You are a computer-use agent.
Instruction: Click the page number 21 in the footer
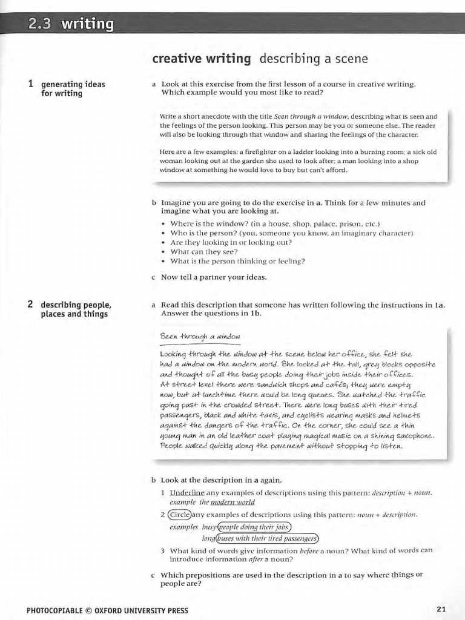[441, 609]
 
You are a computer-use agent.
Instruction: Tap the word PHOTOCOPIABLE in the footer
[54, 610]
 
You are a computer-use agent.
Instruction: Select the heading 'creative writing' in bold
[201, 59]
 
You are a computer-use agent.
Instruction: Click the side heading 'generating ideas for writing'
[73, 89]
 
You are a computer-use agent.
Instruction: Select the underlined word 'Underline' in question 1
[187, 493]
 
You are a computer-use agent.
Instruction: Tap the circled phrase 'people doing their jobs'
[254, 527]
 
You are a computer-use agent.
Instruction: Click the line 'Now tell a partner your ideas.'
[214, 277]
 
